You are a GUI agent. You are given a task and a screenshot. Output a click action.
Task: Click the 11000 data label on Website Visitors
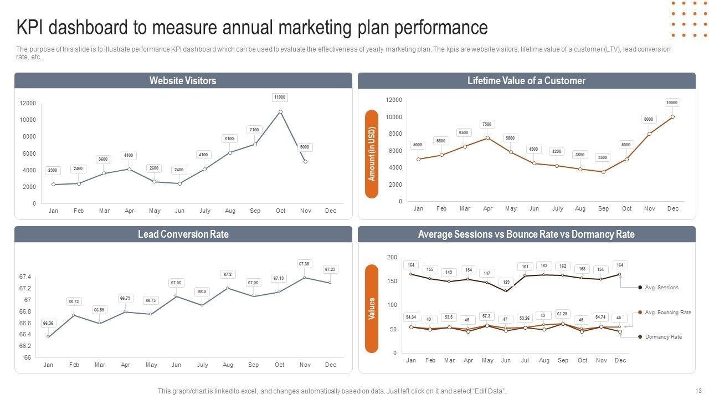tap(280, 98)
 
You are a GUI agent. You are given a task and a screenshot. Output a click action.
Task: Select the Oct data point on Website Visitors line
tap(280, 112)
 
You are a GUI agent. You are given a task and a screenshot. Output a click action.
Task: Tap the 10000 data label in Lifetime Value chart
tap(672, 103)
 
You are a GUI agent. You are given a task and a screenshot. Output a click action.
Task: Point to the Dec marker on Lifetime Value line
tap(672, 116)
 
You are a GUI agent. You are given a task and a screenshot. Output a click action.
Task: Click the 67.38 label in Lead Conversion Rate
tap(304, 264)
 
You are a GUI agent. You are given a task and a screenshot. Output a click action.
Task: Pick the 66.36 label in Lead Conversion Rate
tap(48, 323)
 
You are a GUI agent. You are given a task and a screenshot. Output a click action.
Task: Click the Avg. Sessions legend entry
tap(661, 288)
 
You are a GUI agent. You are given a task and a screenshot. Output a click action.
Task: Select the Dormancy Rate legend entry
tap(663, 337)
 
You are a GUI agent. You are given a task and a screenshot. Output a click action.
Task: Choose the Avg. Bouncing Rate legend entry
tap(667, 313)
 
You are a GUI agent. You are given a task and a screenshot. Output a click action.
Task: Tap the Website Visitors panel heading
tap(183, 81)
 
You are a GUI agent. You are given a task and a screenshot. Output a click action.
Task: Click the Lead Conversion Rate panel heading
tap(183, 234)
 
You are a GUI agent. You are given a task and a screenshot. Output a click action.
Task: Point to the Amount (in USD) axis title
tap(372, 154)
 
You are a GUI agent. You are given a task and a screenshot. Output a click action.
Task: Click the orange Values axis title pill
tap(372, 309)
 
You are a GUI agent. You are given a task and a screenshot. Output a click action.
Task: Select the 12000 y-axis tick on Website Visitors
tap(28, 104)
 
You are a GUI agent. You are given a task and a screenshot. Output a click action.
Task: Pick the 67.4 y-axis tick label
tap(25, 277)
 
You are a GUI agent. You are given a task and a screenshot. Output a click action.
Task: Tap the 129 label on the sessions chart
tap(506, 283)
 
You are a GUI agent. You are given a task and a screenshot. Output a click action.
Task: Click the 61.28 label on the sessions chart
tap(563, 314)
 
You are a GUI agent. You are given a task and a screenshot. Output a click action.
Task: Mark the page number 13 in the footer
tap(698, 391)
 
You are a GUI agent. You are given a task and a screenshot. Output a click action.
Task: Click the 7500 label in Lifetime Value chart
tap(487, 125)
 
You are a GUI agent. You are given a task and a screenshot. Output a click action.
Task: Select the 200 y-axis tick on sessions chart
tap(392, 258)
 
